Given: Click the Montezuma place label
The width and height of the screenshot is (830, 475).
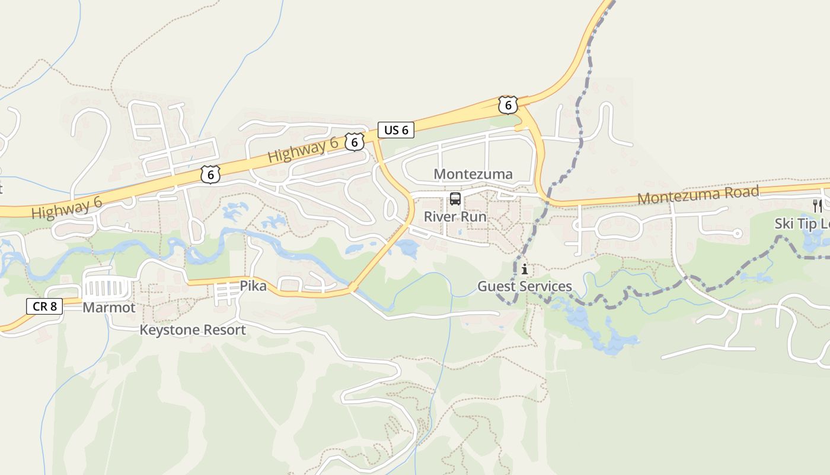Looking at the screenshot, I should point(473,174).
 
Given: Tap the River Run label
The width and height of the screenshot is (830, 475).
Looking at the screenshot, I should point(455,217).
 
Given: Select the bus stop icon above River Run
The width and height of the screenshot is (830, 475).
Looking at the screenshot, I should point(455,199).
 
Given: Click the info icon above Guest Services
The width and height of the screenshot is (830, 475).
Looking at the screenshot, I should point(525,270).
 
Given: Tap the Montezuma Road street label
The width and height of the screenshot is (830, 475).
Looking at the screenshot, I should point(698,195).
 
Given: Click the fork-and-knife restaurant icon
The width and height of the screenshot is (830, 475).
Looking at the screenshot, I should point(818,206).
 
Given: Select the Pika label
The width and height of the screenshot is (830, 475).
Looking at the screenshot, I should point(253,286).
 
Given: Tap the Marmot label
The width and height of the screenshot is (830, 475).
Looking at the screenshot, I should point(109,308).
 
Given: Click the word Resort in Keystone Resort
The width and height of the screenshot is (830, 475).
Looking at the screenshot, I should point(224,330).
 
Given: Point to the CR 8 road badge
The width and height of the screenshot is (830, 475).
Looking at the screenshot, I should point(44,306).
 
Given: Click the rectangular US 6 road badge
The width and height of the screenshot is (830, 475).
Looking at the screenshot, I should point(396,130).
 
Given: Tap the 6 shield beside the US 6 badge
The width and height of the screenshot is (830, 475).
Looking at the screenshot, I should point(354,141).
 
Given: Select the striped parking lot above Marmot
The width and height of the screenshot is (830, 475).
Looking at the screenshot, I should point(107,289).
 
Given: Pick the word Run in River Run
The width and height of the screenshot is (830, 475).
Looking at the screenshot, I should point(474,217).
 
